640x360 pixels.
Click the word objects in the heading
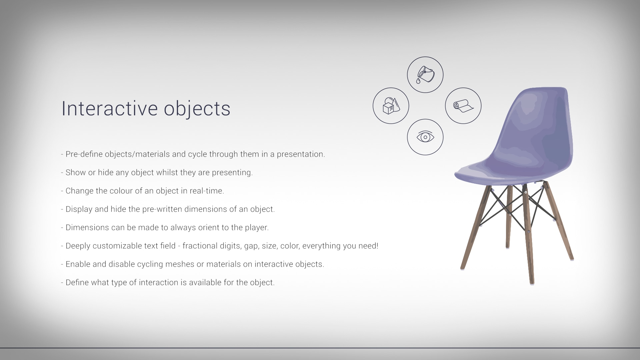point(197,109)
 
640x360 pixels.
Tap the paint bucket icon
point(425,75)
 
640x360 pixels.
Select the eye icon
point(425,137)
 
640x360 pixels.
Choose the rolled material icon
point(463,106)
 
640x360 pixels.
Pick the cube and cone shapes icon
point(391,106)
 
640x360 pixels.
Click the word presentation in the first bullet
point(301,154)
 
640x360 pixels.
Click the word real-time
point(207,191)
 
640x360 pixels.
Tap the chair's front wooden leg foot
point(532,283)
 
